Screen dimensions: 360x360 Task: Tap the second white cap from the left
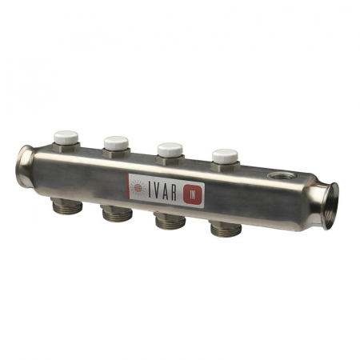[116, 142]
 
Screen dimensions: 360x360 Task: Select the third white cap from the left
[170, 148]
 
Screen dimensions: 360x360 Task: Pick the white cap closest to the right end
[224, 155]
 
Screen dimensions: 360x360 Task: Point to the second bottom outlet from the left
[116, 215]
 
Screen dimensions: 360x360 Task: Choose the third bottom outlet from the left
[170, 222]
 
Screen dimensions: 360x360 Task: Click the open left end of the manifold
[24, 166]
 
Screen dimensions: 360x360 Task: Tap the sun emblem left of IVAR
[138, 186]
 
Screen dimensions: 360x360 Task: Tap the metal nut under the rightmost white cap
[224, 166]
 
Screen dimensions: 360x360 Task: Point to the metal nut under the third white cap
[170, 159]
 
